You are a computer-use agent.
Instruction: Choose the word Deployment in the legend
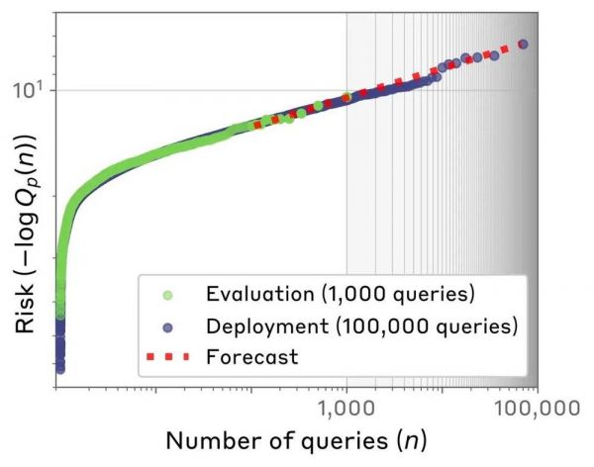coord(259,326)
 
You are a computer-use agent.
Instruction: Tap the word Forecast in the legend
coord(251,357)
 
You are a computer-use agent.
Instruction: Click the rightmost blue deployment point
coord(524,44)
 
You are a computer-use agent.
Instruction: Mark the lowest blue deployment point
coord(59,369)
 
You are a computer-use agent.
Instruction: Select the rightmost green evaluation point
coord(346,98)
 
